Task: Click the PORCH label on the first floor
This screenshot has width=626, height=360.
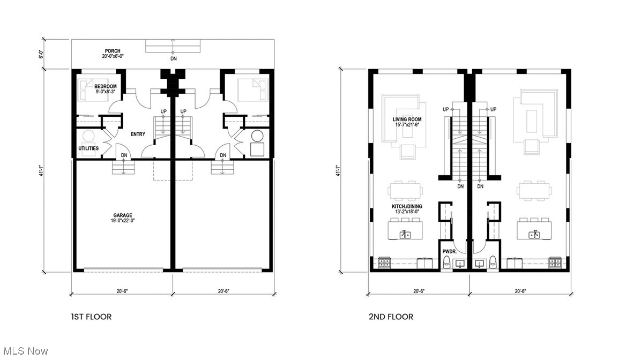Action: click(113, 51)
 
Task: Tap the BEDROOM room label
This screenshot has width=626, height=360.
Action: click(106, 87)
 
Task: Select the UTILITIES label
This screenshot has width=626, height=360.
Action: click(88, 148)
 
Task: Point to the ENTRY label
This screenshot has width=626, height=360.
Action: click(138, 134)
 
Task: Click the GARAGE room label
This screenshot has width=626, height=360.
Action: click(123, 215)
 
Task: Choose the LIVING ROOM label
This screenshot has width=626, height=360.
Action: click(407, 119)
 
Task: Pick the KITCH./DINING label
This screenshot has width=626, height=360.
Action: click(407, 206)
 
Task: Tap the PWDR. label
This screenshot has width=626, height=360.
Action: click(450, 252)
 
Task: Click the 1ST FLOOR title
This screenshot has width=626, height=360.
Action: click(91, 317)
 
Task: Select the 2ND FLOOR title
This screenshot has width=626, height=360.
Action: click(391, 317)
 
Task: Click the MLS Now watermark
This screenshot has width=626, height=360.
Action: click(26, 351)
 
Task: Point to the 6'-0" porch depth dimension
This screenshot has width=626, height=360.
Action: click(41, 54)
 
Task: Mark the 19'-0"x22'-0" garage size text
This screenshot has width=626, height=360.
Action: click(123, 221)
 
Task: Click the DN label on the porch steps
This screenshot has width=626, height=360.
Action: click(173, 59)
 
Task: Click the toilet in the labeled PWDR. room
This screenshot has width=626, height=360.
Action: click(447, 262)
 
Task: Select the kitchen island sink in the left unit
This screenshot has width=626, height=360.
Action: click(406, 234)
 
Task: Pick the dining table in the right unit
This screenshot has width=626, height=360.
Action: click(534, 191)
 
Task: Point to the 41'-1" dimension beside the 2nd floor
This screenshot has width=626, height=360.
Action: click(338, 170)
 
